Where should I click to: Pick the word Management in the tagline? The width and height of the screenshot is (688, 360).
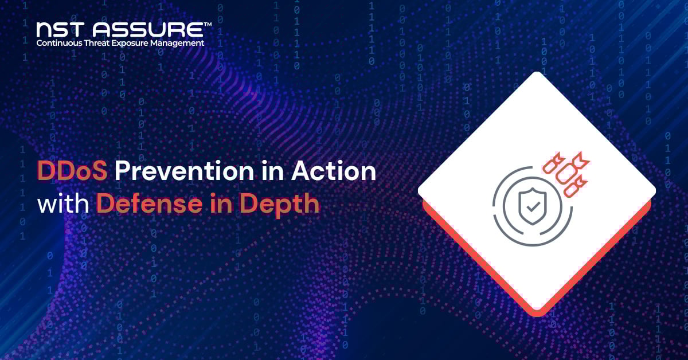[x=180, y=43]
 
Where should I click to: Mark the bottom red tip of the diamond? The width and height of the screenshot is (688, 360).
[x=537, y=314]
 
